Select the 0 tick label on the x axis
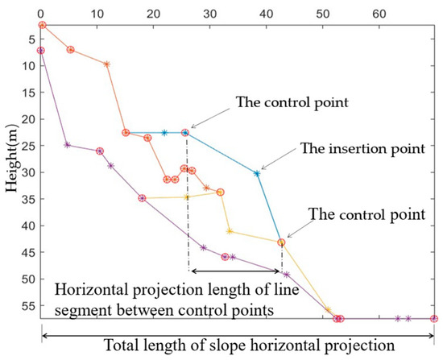[41, 8]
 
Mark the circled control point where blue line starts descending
[185, 132]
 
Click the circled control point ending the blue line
[281, 242]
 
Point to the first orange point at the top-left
[42, 25]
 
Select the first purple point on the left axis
[41, 51]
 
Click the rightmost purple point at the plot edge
[434, 319]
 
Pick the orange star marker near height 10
[107, 64]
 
